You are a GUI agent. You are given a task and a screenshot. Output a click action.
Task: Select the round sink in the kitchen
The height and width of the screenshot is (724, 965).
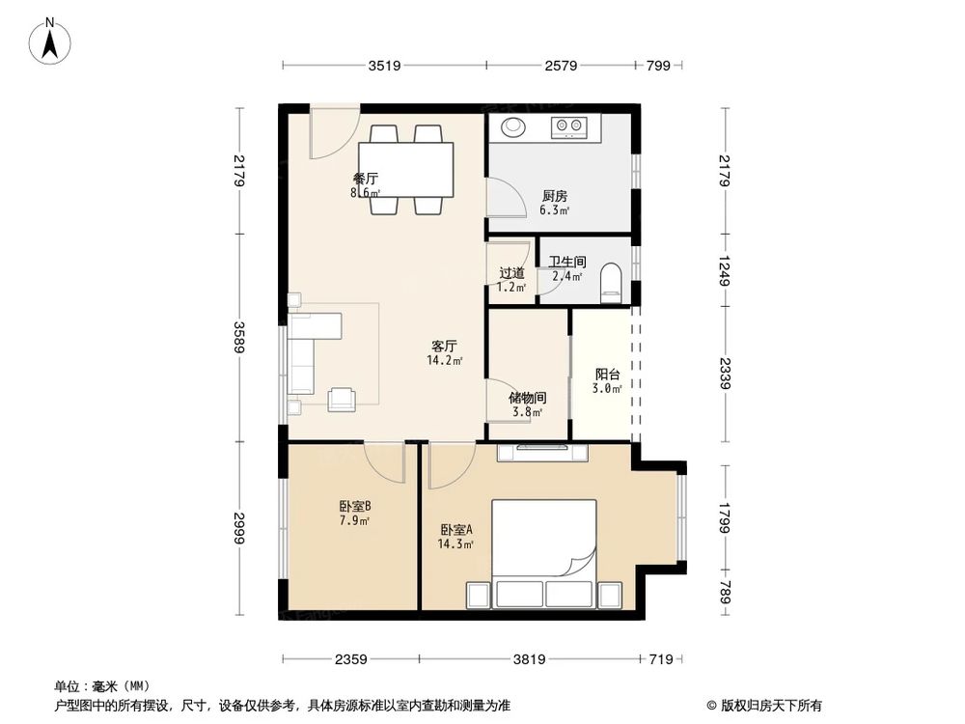pos(512,126)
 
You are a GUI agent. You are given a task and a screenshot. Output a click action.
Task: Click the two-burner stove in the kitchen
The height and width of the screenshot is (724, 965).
pos(569,125)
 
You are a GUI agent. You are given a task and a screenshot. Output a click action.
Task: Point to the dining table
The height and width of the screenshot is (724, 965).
pos(406,170)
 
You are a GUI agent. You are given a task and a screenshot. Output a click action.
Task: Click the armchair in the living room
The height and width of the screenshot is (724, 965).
pos(343,399)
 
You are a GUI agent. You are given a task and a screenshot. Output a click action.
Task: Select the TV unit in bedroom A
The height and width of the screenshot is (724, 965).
pos(542,452)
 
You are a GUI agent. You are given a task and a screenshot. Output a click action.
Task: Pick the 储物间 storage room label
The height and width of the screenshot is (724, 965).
pos(529,397)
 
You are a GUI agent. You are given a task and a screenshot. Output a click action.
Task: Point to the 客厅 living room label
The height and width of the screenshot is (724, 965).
pos(444,346)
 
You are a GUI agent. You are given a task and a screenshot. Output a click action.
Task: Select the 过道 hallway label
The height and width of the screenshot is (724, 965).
pos(512,273)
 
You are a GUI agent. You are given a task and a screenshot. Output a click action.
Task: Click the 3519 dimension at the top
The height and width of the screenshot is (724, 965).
pos(384,66)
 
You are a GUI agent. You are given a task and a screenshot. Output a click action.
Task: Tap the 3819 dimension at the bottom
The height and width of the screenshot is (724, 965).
pos(530,659)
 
